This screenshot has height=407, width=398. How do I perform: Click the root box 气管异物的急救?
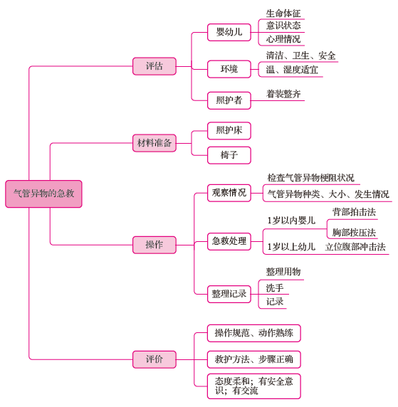pyautogui.click(x=43, y=194)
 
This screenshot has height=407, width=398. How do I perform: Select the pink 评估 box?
pyautogui.click(x=155, y=66)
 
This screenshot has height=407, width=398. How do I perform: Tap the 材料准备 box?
pyautogui.click(x=155, y=143)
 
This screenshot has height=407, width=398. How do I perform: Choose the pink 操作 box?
pyautogui.click(x=155, y=245)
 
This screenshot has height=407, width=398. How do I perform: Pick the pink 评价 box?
pyautogui.click(x=155, y=359)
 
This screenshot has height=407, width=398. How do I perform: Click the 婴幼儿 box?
pyautogui.click(x=229, y=33)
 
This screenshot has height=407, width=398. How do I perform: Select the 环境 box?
pyautogui.click(x=229, y=69)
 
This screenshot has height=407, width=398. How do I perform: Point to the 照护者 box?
pyautogui.click(x=229, y=100)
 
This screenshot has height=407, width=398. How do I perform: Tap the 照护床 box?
pyautogui.click(x=229, y=130)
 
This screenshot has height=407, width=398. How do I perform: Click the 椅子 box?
pyautogui.click(x=229, y=155)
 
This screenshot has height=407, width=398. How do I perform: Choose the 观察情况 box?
pyautogui.click(x=229, y=193)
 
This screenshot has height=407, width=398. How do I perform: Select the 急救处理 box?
pyautogui.click(x=229, y=241)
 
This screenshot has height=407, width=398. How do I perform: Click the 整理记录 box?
pyautogui.click(x=229, y=294)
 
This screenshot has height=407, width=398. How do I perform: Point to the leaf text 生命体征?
pyautogui.click(x=283, y=14)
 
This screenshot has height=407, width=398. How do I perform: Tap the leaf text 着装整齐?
pyautogui.click(x=283, y=94)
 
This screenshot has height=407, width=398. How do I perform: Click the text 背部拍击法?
pyautogui.click(x=354, y=212)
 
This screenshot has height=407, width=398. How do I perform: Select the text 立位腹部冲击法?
pyautogui.click(x=355, y=247)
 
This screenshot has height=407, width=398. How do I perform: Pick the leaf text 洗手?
pyautogui.click(x=275, y=288)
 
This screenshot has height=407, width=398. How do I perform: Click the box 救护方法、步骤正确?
pyautogui.click(x=253, y=359)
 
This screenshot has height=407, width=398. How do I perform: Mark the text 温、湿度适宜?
pyautogui.click(x=292, y=70)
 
